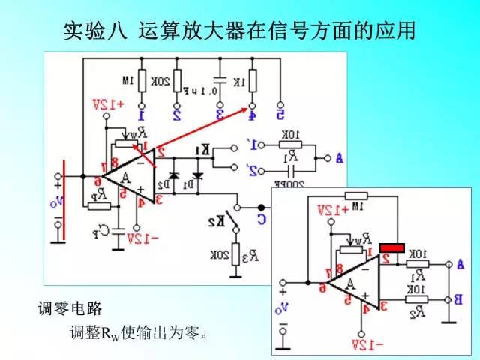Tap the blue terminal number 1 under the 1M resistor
(x=141, y=115)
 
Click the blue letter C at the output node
(x=281, y=219)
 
